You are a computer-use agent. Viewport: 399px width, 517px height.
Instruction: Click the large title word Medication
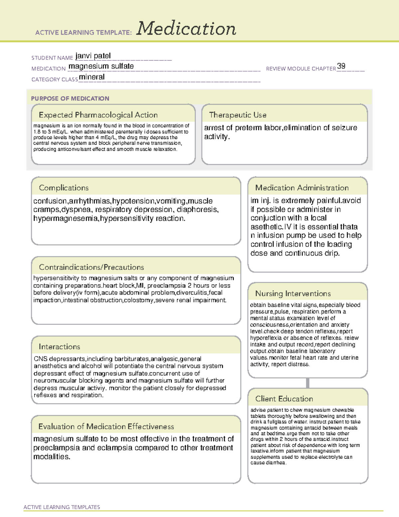point(186,29)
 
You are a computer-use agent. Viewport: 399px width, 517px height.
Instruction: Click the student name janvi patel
point(93,56)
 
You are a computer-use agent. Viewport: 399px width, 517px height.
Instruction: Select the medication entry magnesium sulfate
point(101,66)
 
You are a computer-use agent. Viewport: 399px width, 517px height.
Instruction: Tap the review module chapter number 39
point(341,66)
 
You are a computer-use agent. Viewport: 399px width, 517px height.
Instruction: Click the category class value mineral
point(92,77)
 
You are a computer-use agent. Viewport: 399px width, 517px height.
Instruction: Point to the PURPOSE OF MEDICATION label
point(70,99)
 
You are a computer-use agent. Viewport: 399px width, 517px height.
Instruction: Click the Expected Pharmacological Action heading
point(98,115)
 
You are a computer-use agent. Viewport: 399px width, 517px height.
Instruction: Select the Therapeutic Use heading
point(238,115)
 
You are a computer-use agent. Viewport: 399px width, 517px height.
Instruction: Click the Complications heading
point(64,188)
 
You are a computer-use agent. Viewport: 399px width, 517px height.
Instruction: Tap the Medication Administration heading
point(302,188)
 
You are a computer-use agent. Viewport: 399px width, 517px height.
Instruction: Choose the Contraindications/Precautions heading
point(91,267)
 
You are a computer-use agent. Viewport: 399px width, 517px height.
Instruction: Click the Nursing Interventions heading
point(293,294)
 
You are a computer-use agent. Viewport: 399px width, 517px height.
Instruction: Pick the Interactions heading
point(60,347)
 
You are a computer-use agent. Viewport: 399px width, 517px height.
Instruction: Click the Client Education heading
point(284,399)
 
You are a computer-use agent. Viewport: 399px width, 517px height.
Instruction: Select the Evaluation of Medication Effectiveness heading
point(106,427)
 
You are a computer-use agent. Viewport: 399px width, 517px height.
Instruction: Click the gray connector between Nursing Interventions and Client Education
point(308,383)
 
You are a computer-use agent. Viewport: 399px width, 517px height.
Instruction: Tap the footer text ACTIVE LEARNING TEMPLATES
point(62,507)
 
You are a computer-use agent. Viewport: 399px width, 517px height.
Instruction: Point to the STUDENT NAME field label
point(52,58)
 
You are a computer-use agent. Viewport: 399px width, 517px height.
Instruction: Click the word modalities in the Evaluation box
point(52,457)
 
